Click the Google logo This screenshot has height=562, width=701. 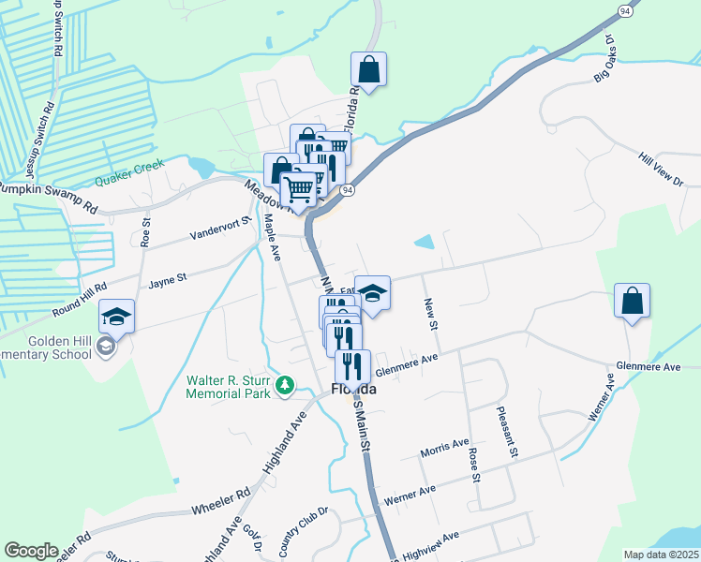pyautogui.click(x=31, y=551)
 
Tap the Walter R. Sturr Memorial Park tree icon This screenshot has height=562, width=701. pyautogui.click(x=288, y=384)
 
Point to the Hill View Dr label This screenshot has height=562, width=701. pyautogui.click(x=661, y=170)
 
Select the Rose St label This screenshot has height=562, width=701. pyautogui.click(x=474, y=464)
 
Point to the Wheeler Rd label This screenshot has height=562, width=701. pyautogui.click(x=221, y=503)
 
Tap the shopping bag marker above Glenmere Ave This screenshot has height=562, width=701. pyautogui.click(x=633, y=301)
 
